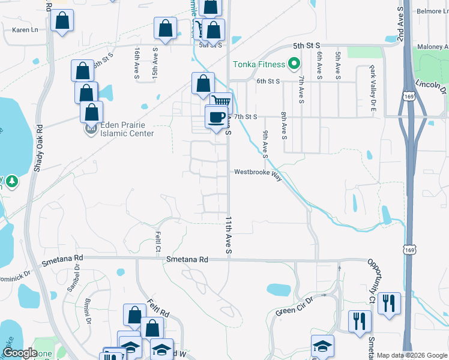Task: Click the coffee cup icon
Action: coord(217,117)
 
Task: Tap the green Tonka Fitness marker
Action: coord(294,62)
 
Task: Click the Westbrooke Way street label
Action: coord(258,172)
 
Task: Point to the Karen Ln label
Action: coord(25,29)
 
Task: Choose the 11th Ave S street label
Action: coord(228,235)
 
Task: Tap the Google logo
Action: coord(20,353)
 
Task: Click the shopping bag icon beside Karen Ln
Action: coord(62,22)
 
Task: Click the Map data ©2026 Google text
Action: coord(412,355)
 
